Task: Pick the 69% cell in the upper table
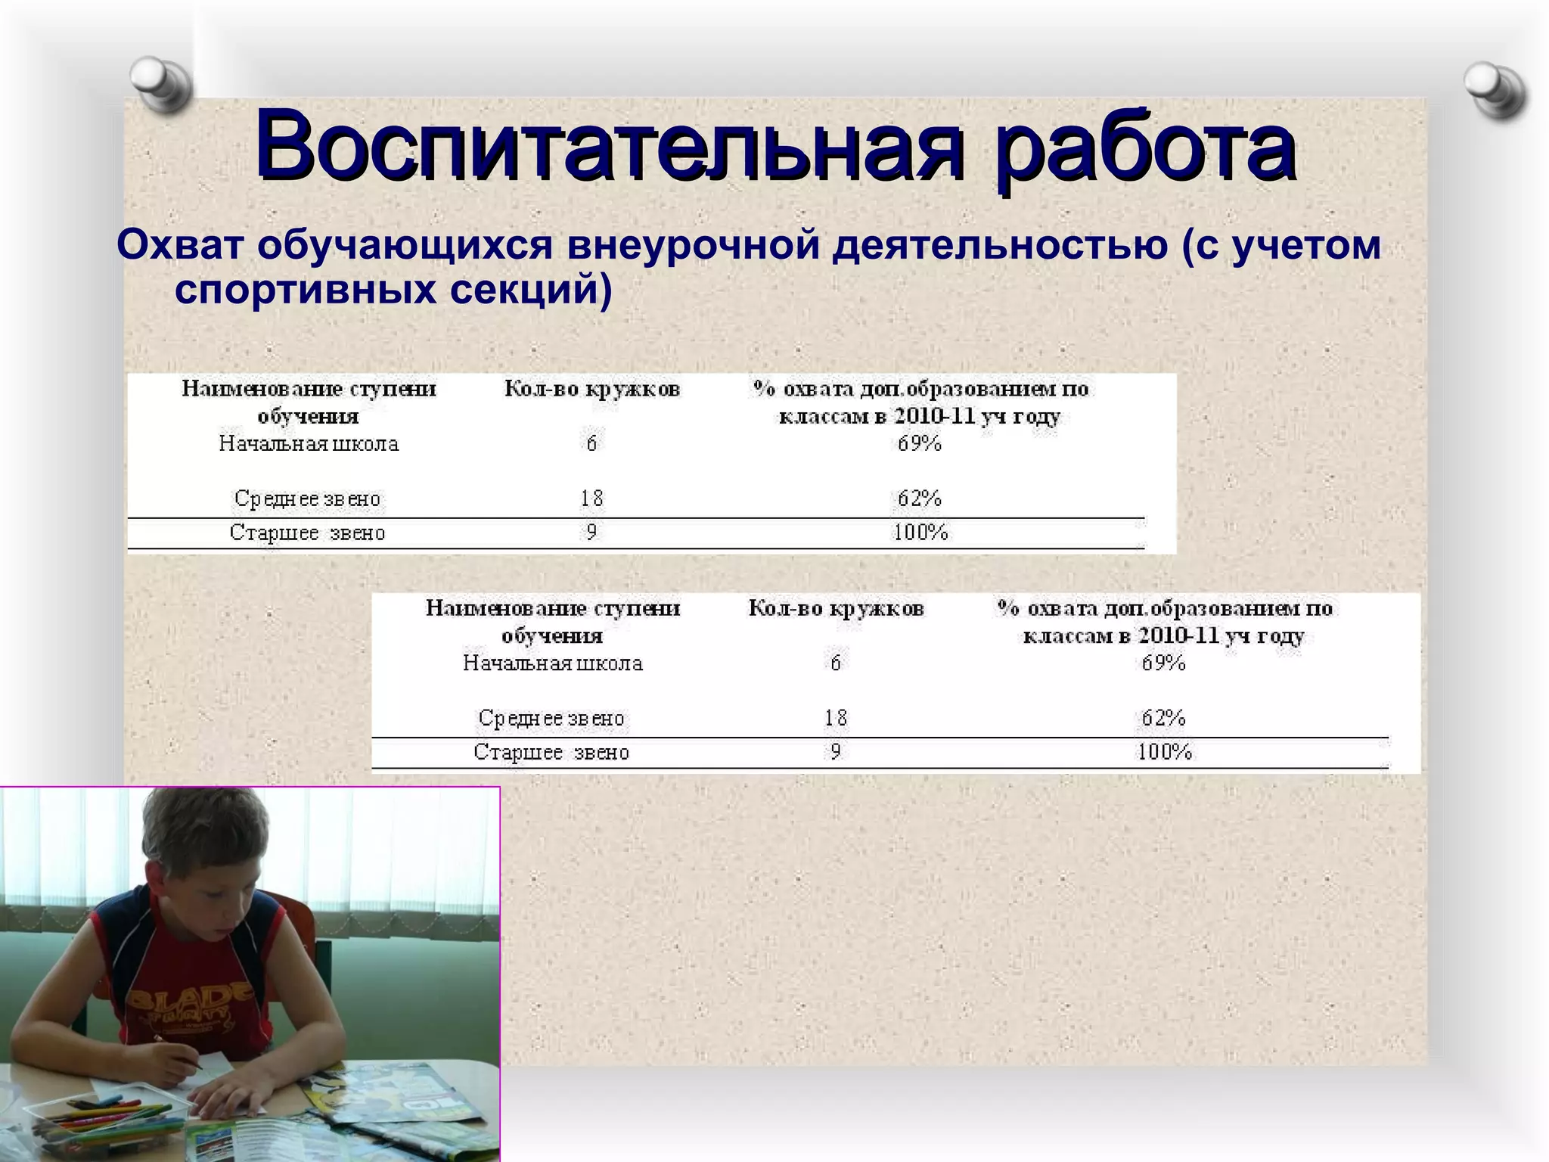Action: click(x=920, y=443)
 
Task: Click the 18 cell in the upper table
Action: click(x=591, y=499)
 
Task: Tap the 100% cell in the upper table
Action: click(x=920, y=533)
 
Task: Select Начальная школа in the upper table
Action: click(x=309, y=443)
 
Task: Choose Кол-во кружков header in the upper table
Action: click(x=592, y=390)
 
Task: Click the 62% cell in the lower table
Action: click(x=1163, y=718)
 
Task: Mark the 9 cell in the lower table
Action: click(x=835, y=752)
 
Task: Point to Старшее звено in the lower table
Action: click(x=551, y=752)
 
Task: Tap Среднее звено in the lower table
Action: click(x=551, y=718)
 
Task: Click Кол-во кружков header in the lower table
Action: click(x=836, y=609)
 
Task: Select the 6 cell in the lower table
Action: click(x=835, y=663)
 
